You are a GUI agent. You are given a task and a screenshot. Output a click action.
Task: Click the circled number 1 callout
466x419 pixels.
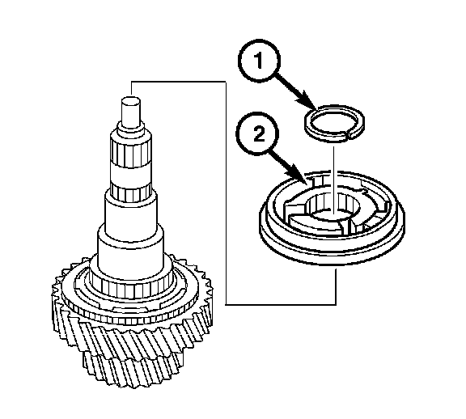point(259,61)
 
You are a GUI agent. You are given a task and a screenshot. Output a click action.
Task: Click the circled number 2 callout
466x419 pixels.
point(257,134)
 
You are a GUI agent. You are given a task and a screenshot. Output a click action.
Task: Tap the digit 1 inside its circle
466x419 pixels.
point(259,61)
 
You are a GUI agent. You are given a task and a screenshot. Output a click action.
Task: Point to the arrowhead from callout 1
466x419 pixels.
point(309,102)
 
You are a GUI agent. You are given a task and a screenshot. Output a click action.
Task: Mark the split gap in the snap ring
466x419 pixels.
point(349,134)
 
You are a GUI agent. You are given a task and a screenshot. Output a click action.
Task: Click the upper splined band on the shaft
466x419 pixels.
point(131,152)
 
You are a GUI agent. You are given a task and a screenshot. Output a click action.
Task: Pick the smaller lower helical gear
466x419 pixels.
point(131,369)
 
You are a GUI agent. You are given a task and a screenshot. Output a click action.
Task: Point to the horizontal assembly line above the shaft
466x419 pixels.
point(178,82)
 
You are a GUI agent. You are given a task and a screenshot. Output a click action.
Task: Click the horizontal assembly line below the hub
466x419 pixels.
point(282,304)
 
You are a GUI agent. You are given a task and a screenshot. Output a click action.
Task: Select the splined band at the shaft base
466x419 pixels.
point(131,288)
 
